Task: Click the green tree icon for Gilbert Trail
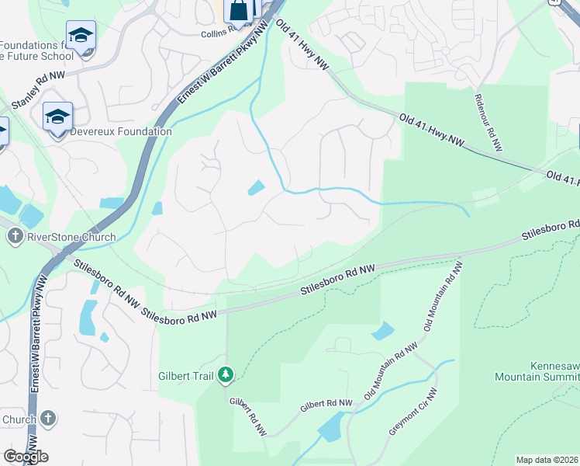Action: click(x=226, y=376)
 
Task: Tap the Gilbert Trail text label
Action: click(x=187, y=376)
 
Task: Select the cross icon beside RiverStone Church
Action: click(x=14, y=236)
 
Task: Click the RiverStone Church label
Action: click(x=71, y=237)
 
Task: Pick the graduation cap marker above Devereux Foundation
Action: click(x=57, y=117)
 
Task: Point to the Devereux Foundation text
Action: click(x=121, y=132)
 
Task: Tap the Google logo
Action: click(x=26, y=457)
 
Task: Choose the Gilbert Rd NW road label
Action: click(x=326, y=405)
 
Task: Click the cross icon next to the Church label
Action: click(x=48, y=419)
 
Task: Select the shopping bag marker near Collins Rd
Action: click(x=238, y=9)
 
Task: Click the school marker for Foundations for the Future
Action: click(x=80, y=36)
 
